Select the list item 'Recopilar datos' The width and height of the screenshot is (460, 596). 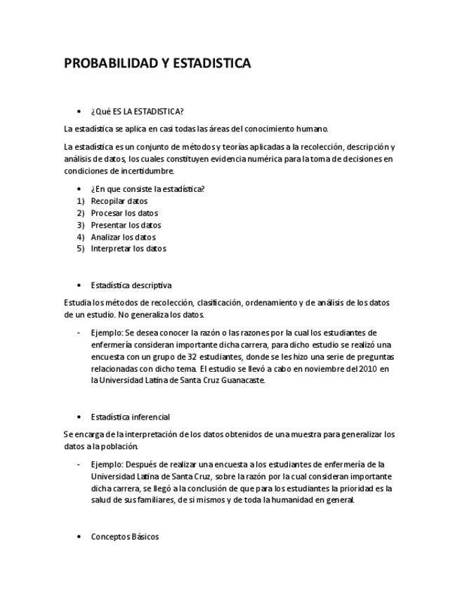tap(119, 201)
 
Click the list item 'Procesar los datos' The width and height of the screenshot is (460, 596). tap(124, 213)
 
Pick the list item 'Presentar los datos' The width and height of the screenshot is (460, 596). tap(126, 225)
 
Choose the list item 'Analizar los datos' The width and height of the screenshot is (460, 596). tap(123, 237)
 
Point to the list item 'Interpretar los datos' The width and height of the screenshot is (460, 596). tap(129, 248)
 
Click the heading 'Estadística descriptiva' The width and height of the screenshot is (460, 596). tap(131, 285)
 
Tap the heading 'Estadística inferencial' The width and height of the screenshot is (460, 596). tap(130, 417)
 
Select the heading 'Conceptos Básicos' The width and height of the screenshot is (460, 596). tap(124, 536)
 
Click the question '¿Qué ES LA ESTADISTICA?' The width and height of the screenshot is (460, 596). tap(137, 111)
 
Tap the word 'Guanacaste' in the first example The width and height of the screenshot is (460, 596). tap(240, 380)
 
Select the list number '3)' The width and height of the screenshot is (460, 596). tap(80, 225)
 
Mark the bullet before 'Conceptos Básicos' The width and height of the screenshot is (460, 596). tap(79, 537)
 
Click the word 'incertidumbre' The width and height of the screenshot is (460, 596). tap(147, 171)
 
